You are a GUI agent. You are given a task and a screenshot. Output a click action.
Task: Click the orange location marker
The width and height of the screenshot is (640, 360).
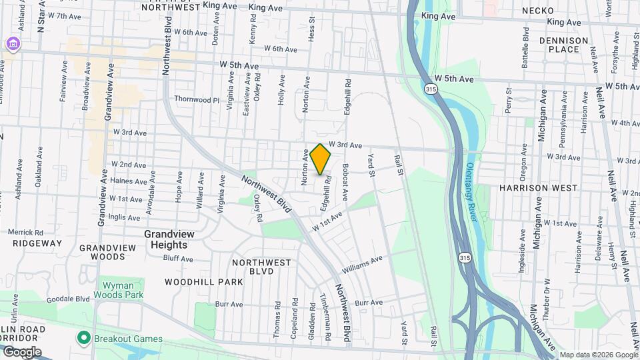(x=321, y=159)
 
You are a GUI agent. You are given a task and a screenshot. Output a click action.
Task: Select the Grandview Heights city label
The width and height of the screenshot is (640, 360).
(x=167, y=239)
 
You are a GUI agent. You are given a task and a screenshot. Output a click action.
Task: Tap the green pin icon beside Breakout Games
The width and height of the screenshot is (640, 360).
(x=83, y=337)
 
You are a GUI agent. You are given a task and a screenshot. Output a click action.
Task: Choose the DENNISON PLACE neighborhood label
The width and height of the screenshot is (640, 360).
(x=564, y=45)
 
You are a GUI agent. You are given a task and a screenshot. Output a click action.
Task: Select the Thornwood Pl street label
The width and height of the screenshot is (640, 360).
(x=197, y=99)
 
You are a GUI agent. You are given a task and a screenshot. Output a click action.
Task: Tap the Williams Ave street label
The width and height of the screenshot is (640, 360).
(x=363, y=264)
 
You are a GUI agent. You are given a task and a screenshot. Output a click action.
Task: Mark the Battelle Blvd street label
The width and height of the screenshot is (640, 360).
(x=526, y=44)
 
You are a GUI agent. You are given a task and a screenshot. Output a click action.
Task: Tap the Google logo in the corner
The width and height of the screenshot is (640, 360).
(x=21, y=351)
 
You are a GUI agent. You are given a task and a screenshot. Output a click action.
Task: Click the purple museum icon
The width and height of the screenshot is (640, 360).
(x=11, y=44)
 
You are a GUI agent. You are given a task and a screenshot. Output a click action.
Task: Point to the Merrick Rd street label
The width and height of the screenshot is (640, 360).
(x=25, y=232)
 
